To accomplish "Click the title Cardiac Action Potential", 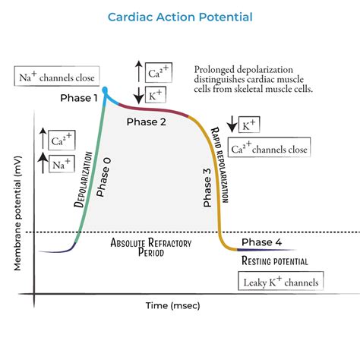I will coord(179,16).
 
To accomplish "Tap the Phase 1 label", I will coord(78,99).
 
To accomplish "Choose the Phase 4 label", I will coord(262,243).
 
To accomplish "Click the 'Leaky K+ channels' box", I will coord(279,283).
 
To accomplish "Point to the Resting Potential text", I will coord(274,261).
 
